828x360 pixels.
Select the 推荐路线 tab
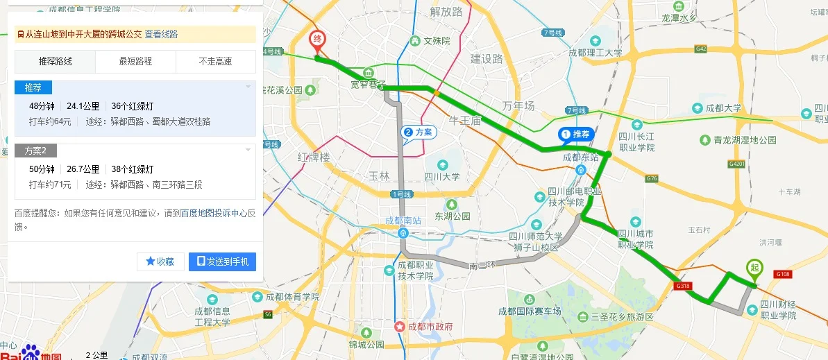[x=56, y=62]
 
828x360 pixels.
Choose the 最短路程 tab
[x=135, y=62]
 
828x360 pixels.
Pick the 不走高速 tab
[x=215, y=62]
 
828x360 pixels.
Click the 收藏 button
[x=160, y=262]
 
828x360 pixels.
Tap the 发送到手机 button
[x=223, y=262]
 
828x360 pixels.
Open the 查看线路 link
[x=161, y=34]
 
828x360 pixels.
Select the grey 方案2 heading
[x=35, y=151]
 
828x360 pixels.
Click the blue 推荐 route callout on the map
[x=576, y=134]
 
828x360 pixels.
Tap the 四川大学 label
[x=442, y=176]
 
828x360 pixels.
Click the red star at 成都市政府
[x=399, y=327]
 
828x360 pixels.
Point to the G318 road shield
[x=682, y=286]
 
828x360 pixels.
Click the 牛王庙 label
[x=465, y=120]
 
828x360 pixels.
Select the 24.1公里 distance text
[x=83, y=106]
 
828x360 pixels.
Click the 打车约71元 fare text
[x=50, y=185]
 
